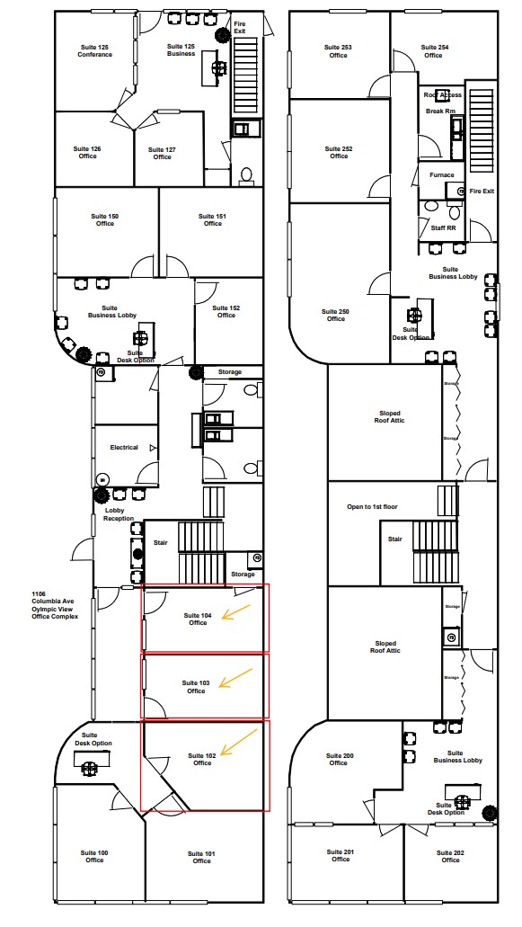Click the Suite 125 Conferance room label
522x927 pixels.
pos(94,50)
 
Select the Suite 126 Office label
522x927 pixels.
pos(87,152)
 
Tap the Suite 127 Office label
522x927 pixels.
pos(162,153)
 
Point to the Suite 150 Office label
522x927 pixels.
pos(105,219)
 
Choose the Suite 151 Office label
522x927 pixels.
pos(212,219)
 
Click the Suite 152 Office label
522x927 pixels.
pos(226,311)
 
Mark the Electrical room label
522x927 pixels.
pos(124,447)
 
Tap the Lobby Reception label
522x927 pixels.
pos(118,514)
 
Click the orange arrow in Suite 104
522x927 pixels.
pos(236,613)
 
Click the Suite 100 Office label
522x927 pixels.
pos(95,856)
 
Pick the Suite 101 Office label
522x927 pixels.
pos(201,856)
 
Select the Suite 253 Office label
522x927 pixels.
pos(338,51)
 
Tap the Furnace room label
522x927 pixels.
pos(442,174)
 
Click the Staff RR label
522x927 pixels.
pos(443,228)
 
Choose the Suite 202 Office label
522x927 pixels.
pos(450,856)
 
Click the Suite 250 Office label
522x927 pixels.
pos(336,315)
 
